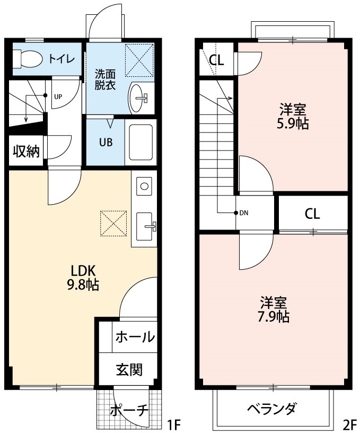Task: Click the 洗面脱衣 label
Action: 105,79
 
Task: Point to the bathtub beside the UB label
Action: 141,143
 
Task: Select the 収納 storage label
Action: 26,151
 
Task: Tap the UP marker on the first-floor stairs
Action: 58,96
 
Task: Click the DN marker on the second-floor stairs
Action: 244,214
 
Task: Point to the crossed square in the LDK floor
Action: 113,223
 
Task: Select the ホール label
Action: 135,337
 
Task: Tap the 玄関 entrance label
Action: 129,369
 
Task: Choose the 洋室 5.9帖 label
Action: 293,117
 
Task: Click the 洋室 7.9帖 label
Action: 274,310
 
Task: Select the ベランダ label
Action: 271,409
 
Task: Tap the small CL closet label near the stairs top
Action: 216,60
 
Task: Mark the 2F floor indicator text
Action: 349,425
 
